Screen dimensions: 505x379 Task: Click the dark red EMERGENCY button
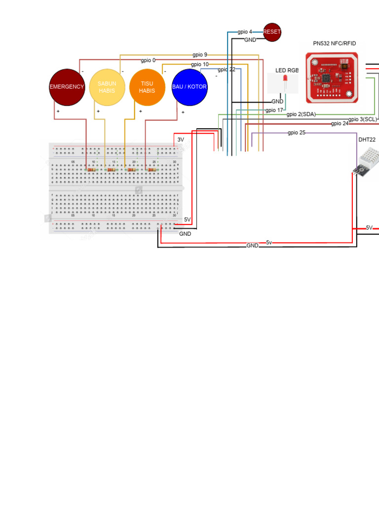(x=67, y=87)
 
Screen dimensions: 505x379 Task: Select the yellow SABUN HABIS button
(x=107, y=87)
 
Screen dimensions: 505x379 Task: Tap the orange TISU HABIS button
(x=147, y=87)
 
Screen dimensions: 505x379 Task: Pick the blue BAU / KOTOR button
(x=189, y=87)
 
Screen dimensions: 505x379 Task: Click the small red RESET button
(x=272, y=32)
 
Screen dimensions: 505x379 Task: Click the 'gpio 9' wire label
(x=200, y=55)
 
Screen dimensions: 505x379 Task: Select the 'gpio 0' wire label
(x=148, y=61)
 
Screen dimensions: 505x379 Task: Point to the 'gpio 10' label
(x=200, y=65)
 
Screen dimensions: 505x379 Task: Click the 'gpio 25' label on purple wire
(x=297, y=133)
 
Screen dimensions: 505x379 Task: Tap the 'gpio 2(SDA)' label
(x=301, y=114)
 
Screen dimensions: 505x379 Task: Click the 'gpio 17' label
(x=274, y=110)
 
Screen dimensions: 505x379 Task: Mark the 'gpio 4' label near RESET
(x=245, y=32)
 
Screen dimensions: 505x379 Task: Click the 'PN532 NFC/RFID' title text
(x=335, y=43)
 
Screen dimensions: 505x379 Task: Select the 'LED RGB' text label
(x=287, y=71)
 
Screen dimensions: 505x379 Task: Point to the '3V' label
(x=181, y=140)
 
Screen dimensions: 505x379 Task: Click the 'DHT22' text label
(x=367, y=140)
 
